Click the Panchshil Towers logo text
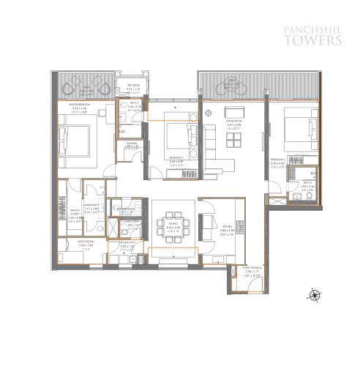[312, 36]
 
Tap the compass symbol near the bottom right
[315, 295]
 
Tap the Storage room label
[132, 145]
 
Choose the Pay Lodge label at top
[132, 87]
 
